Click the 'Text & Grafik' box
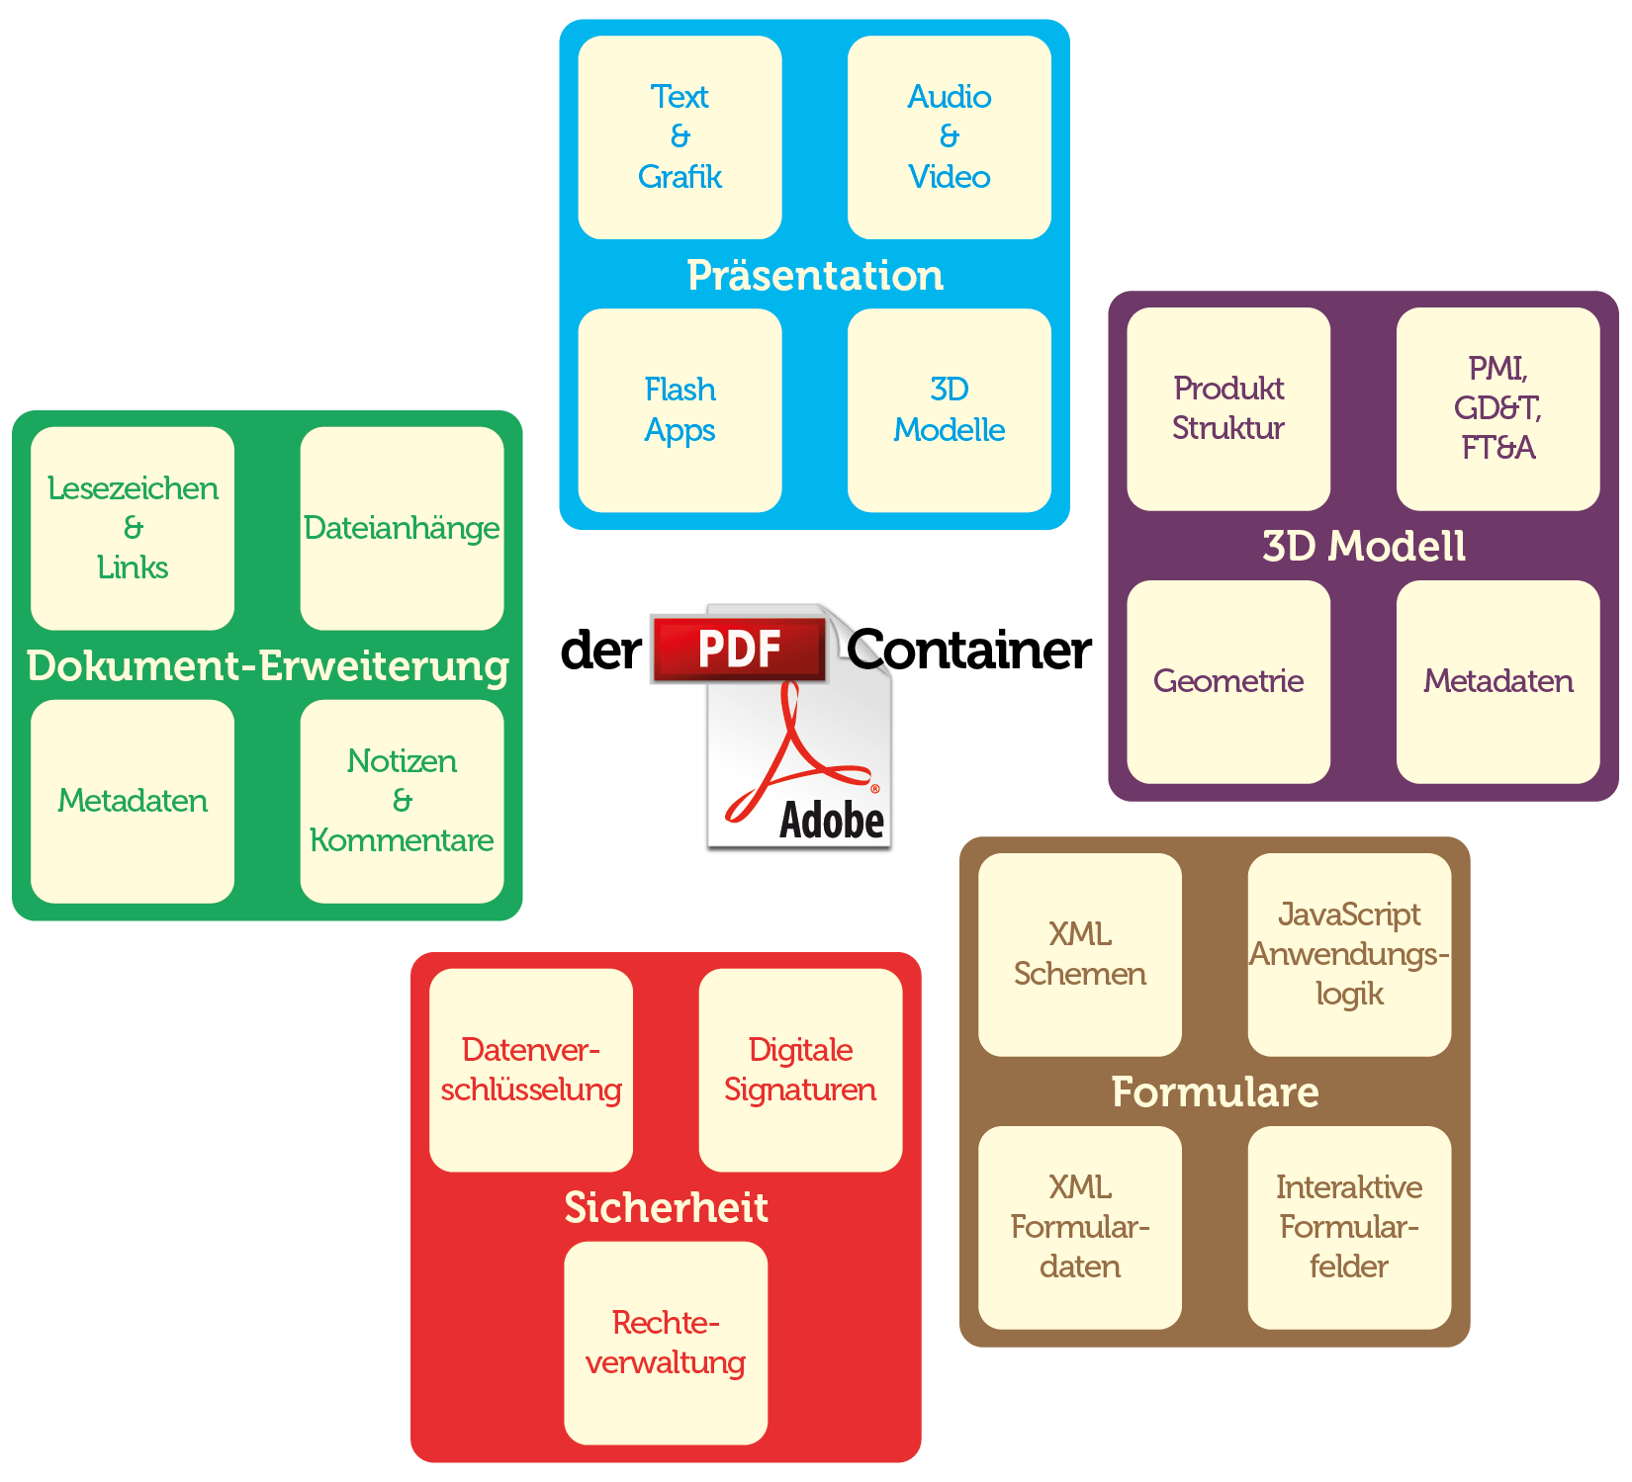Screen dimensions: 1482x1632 click(x=680, y=137)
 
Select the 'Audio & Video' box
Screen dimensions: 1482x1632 click(x=949, y=137)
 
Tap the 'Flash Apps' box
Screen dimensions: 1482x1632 click(x=680, y=410)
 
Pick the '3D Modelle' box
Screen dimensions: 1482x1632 click(x=949, y=410)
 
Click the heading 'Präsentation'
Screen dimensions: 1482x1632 click(x=815, y=276)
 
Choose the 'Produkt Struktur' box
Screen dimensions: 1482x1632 click(x=1228, y=408)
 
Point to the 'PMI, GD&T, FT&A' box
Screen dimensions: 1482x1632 click(x=1497, y=408)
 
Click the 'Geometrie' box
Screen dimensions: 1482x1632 click(x=1228, y=681)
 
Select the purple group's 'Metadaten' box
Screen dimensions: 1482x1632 click(x=1497, y=681)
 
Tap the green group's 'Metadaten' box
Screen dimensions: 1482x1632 click(x=133, y=801)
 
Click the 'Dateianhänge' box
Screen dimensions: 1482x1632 click(x=402, y=528)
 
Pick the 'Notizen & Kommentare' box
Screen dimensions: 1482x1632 click(x=402, y=801)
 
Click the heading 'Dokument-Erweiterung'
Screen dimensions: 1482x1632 click(x=267, y=665)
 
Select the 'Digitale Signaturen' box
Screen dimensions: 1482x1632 click(x=800, y=1070)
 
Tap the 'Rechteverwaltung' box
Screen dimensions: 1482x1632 click(x=666, y=1343)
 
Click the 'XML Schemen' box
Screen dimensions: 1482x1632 click(x=1080, y=954)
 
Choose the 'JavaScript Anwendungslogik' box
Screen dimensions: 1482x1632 click(x=1349, y=954)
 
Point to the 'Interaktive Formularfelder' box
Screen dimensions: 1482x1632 click(x=1349, y=1227)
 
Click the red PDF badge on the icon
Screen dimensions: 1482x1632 click(x=739, y=650)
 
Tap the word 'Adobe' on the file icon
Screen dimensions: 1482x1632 click(x=831, y=821)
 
